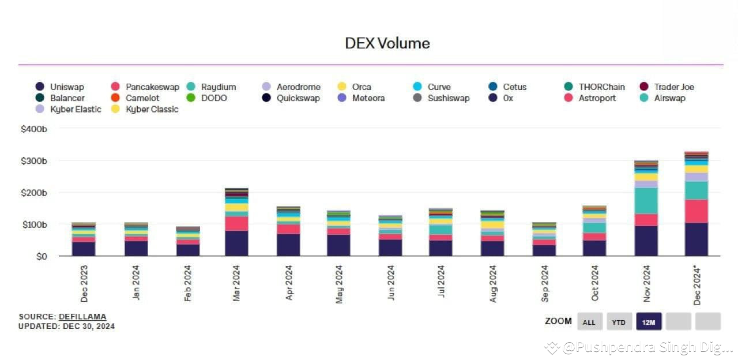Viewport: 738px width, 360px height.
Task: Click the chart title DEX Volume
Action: coord(387,43)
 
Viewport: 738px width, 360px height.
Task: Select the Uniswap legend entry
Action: coord(60,87)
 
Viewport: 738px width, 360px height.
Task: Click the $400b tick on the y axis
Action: coord(33,129)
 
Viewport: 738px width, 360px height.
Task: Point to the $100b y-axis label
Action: coord(33,224)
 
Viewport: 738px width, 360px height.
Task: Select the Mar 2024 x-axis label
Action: coord(237,283)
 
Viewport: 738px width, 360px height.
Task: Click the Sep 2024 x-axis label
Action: coord(544,283)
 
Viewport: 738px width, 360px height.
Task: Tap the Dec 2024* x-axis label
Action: coord(696,285)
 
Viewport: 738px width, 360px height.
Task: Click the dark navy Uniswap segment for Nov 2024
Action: coord(646,241)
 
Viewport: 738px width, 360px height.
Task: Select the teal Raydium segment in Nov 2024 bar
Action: coord(646,201)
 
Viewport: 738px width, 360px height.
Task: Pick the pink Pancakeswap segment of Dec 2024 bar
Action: coord(696,211)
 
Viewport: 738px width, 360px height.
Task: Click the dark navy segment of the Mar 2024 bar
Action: coord(236,243)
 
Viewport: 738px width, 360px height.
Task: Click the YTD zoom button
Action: coord(619,322)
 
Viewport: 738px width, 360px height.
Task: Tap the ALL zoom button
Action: coord(589,322)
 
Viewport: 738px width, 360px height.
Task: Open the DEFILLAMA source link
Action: coord(82,317)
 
